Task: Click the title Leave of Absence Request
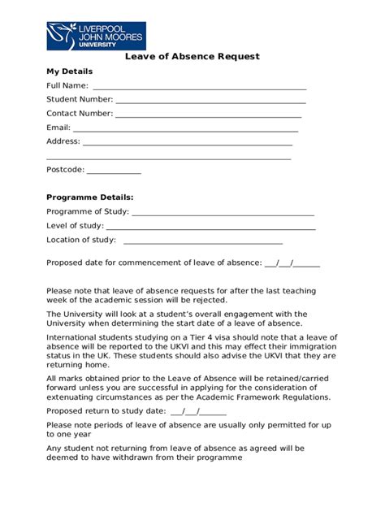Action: click(192, 57)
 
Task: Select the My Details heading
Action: click(70, 72)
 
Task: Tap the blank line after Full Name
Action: click(199, 87)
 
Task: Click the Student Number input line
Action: click(210, 101)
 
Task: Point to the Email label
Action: click(58, 128)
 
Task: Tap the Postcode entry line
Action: click(114, 171)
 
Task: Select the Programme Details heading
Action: click(89, 197)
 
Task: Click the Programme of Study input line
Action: click(223, 213)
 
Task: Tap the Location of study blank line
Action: click(203, 241)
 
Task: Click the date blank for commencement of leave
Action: click(292, 264)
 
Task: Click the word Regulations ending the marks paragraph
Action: click(302, 399)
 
